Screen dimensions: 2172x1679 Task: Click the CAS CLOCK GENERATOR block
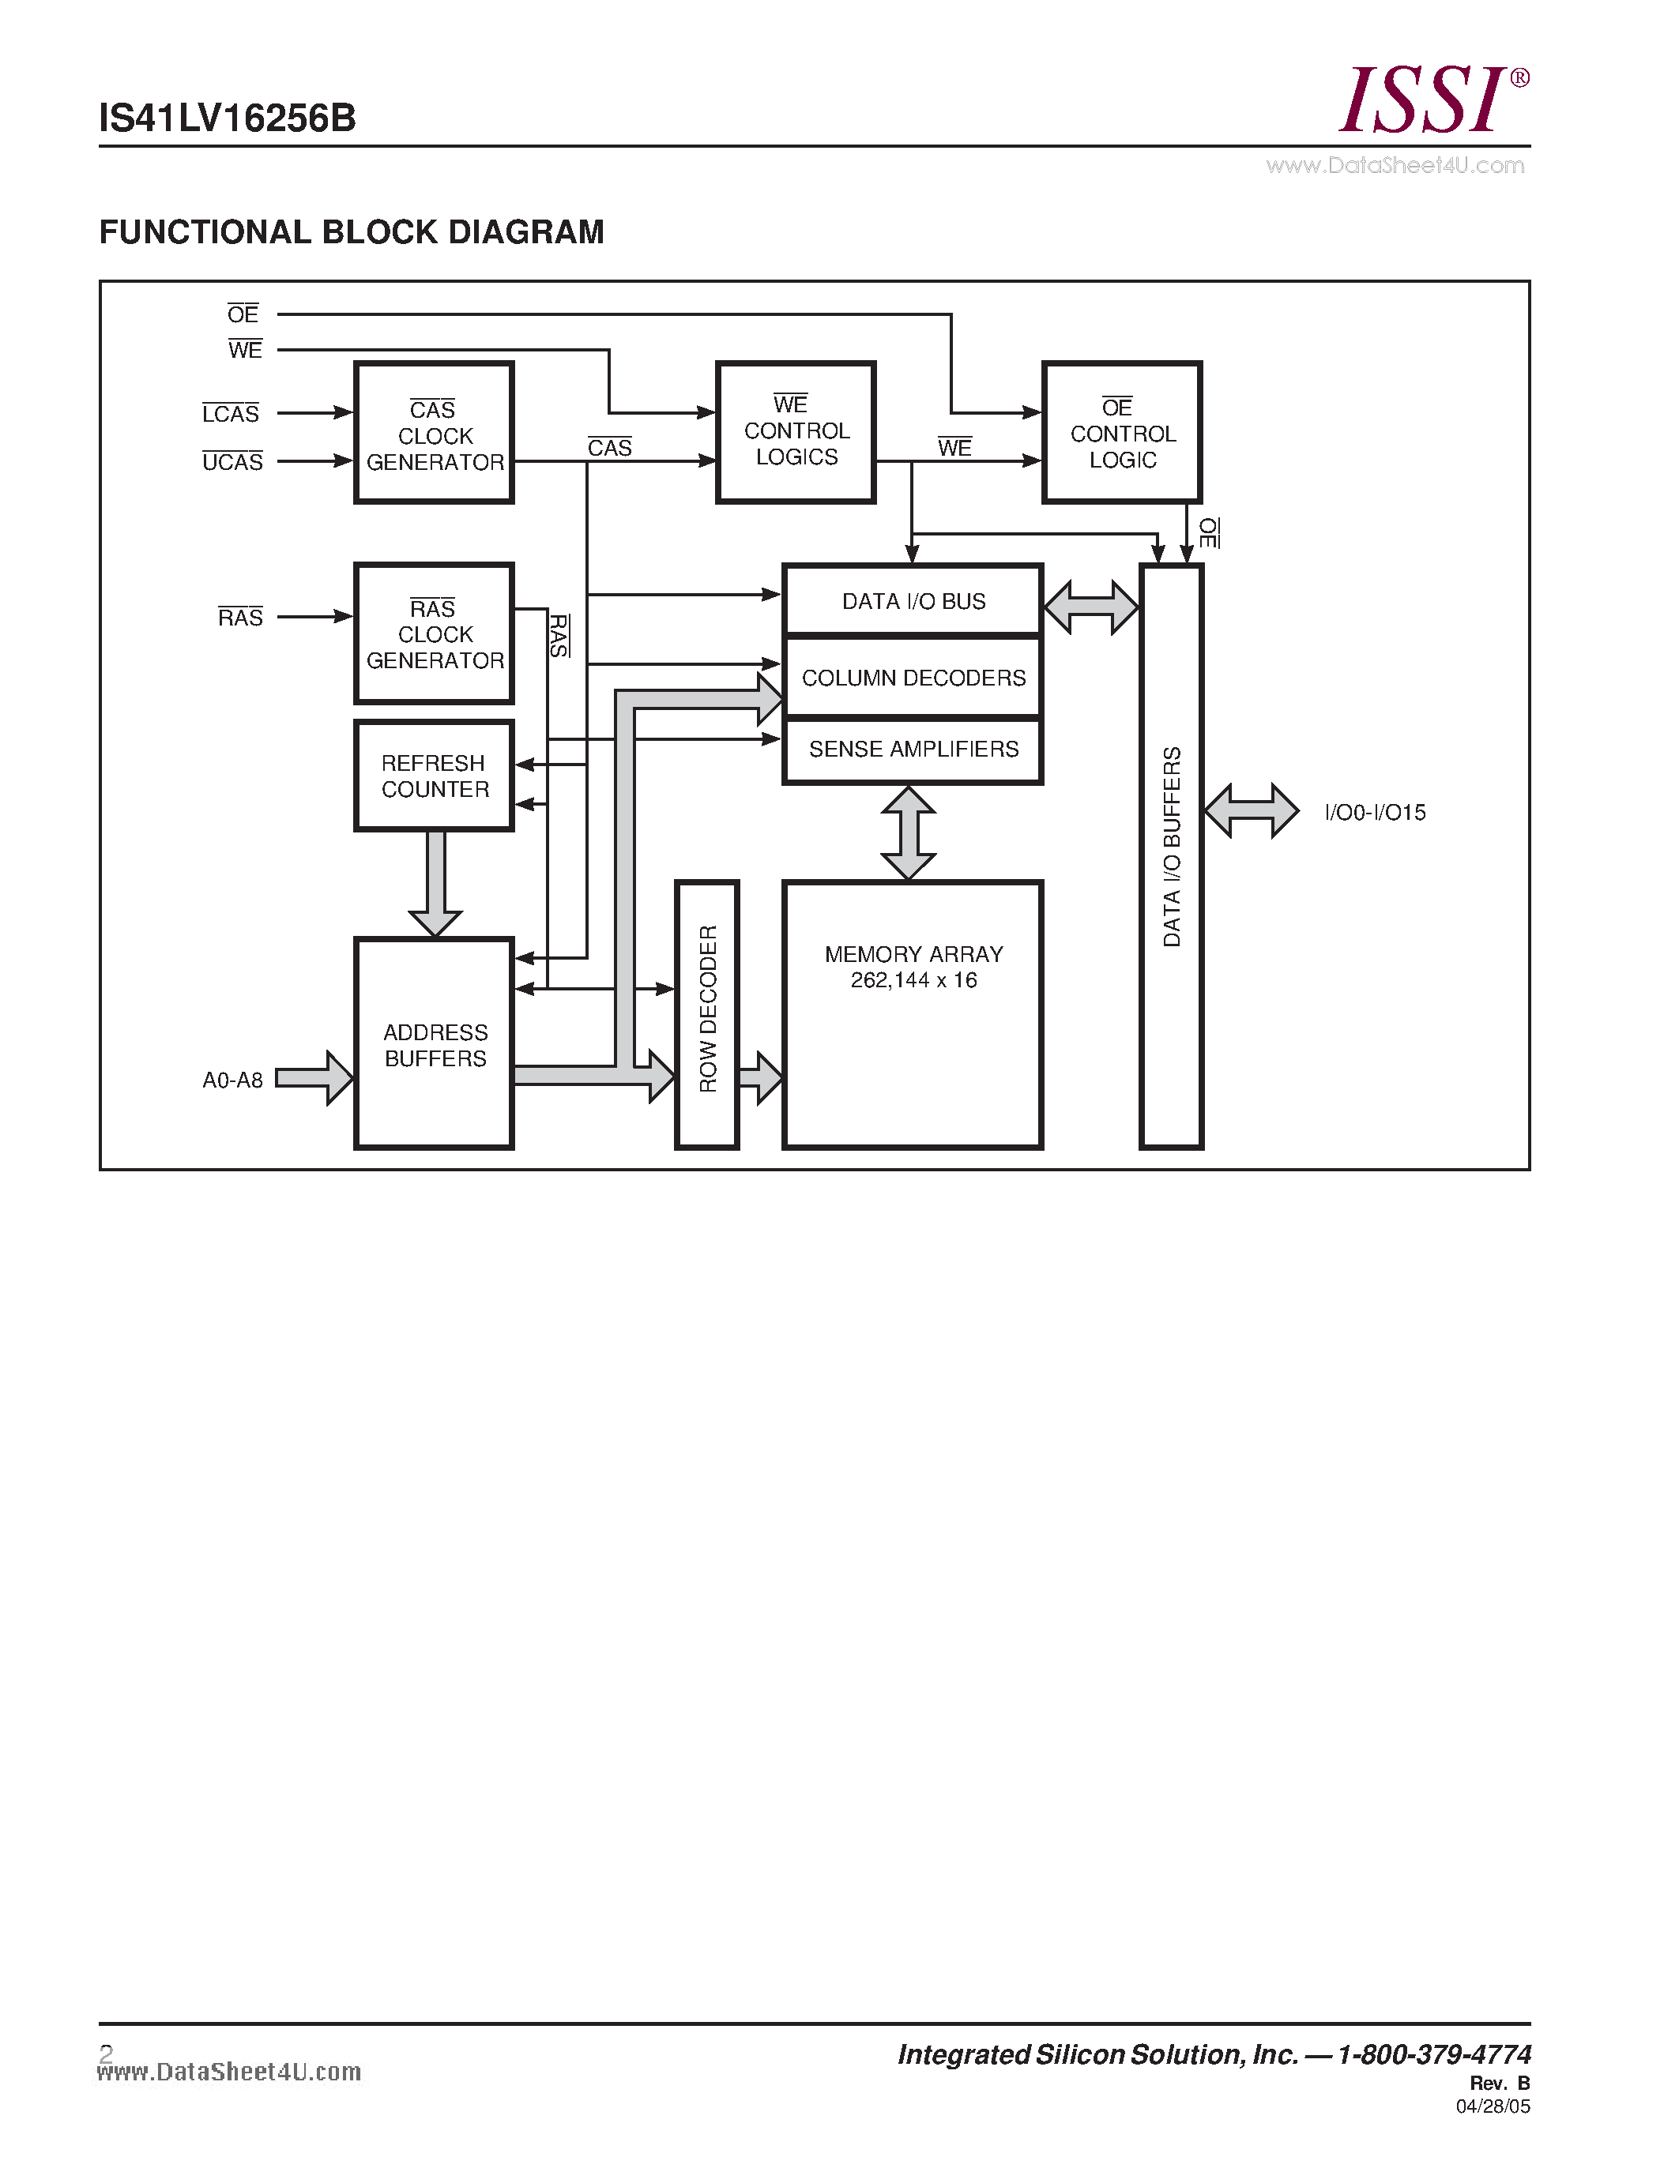tap(434, 434)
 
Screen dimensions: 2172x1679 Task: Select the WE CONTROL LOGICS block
tap(796, 433)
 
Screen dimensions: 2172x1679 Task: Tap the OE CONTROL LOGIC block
tap(1122, 433)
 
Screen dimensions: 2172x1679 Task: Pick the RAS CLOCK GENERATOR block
tap(434, 633)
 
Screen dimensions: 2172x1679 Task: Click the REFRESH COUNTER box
tap(434, 776)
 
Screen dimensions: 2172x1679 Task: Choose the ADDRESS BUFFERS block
tap(434, 1044)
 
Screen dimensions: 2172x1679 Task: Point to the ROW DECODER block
tap(707, 1014)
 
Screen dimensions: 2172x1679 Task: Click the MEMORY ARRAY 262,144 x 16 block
tap(912, 1014)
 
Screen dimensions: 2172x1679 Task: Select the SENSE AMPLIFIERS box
tap(912, 749)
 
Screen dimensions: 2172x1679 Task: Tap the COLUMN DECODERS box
tap(912, 677)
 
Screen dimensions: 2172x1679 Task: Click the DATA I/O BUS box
tap(912, 601)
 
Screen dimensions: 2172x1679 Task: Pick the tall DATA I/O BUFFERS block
tap(1172, 855)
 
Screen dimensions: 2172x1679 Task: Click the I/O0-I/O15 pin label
tap(1375, 813)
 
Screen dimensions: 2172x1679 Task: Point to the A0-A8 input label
tap(233, 1080)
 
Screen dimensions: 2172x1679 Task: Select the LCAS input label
tap(231, 414)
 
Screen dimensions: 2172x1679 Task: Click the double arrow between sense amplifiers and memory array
tap(908, 832)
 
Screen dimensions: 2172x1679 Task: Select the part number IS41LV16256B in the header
tap(228, 118)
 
